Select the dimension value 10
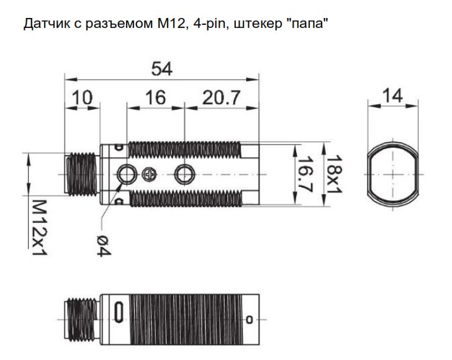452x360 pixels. pyautogui.click(x=83, y=97)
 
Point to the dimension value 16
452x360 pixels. pyautogui.click(x=156, y=97)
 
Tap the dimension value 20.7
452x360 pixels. pyautogui.click(x=222, y=97)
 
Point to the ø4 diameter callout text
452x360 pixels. pyautogui.click(x=103, y=242)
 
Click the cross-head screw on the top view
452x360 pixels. pyautogui.click(x=148, y=174)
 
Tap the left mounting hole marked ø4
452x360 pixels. pyautogui.click(x=127, y=174)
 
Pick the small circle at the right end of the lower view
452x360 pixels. pyautogui.click(x=250, y=320)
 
